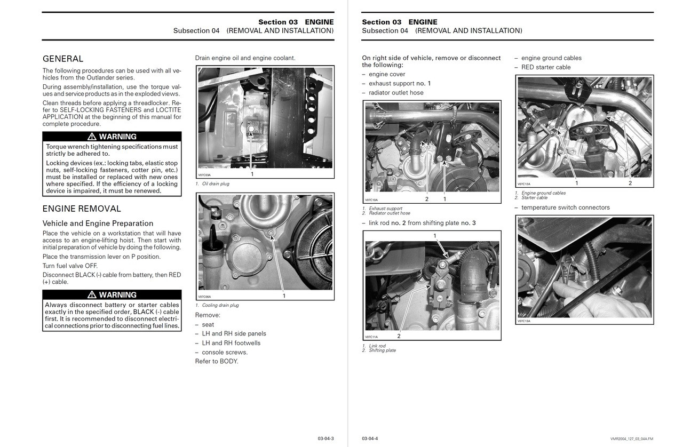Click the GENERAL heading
63,59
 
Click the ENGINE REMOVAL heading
82,209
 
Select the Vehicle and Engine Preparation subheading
98,223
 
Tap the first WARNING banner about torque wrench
112,137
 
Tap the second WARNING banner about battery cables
112,294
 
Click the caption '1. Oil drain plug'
212,184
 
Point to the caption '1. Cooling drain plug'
217,305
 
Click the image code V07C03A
204,175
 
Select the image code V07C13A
524,321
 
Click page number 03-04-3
325,438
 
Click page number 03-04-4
370,438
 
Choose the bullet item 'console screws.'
225,352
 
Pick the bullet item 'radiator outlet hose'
396,93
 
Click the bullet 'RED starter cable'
545,67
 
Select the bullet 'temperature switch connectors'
565,207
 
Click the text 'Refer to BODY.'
217,361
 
